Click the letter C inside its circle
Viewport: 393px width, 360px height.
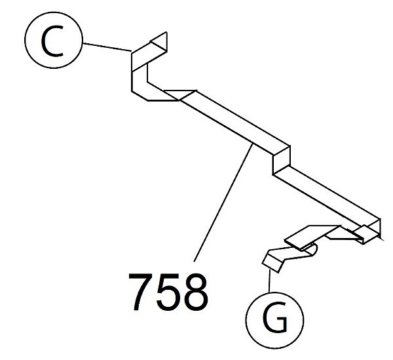coord(52,41)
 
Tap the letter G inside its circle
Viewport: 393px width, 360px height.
coord(274,317)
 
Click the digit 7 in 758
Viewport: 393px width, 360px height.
coord(141,292)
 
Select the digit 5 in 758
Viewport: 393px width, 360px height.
coord(168,292)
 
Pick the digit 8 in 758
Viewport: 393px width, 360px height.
coord(195,292)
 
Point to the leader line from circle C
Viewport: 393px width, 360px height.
coord(107,47)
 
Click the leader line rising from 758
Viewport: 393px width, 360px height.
coord(223,203)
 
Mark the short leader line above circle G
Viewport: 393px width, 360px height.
coord(269,281)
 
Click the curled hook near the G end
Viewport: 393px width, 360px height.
coord(310,250)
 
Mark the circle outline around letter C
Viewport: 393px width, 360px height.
coord(54,12)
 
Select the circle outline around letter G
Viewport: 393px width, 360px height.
coord(274,292)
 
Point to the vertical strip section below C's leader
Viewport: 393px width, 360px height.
coord(140,81)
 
